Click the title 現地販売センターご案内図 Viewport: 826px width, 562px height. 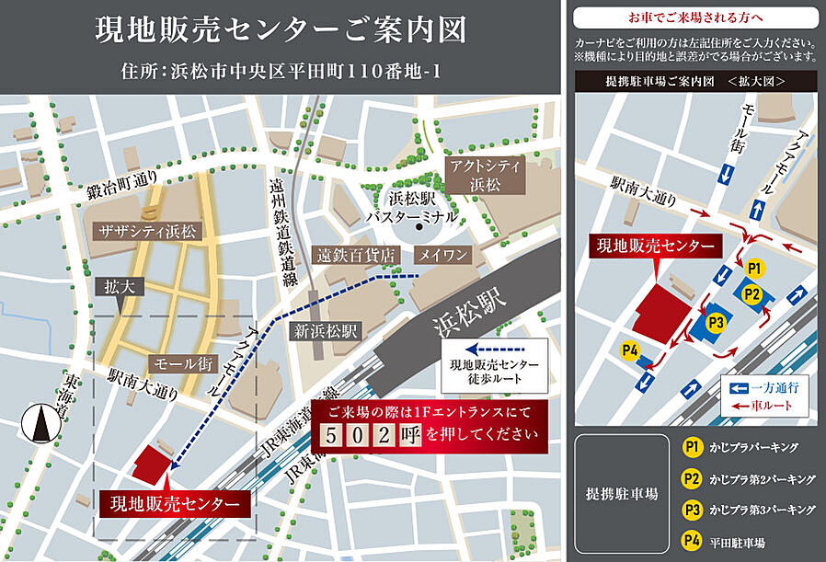281,30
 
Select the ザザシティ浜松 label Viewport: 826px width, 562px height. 145,232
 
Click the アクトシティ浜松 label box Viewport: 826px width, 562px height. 485,173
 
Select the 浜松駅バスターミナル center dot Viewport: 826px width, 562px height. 418,226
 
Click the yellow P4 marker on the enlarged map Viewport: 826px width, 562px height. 630,350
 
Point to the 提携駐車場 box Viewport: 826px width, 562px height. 621,494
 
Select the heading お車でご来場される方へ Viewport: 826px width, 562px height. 694,17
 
